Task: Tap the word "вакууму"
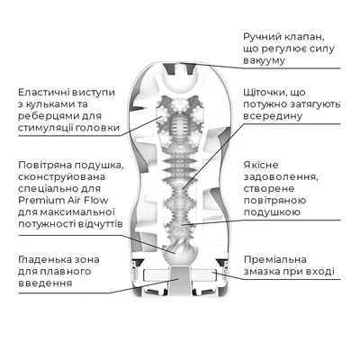(x=264, y=60)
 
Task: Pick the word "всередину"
(x=273, y=116)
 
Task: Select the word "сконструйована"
(x=62, y=176)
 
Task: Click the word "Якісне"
(x=261, y=165)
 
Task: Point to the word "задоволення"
(x=280, y=177)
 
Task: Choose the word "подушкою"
(x=272, y=212)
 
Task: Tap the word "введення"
(x=45, y=283)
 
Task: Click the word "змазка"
(x=262, y=272)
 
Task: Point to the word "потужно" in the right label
(x=265, y=104)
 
